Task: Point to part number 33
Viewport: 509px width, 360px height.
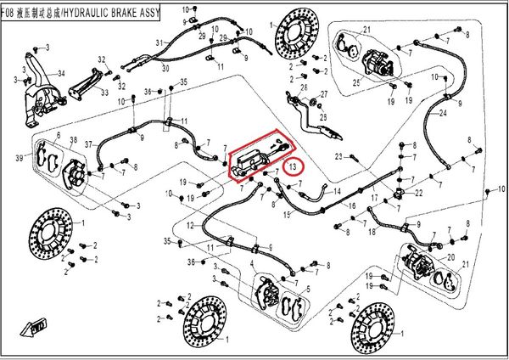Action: pos(104,92)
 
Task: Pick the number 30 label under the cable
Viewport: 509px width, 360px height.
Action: pos(166,67)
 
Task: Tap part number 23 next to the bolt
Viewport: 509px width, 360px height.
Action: pos(338,156)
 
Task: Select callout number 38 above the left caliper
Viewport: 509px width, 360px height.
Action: pos(73,140)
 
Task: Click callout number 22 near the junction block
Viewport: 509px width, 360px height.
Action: pos(418,194)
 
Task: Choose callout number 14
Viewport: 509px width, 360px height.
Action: pos(338,193)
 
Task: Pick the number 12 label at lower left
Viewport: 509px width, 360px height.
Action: pos(191,225)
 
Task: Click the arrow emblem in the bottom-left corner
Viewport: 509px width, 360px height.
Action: pos(38,325)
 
